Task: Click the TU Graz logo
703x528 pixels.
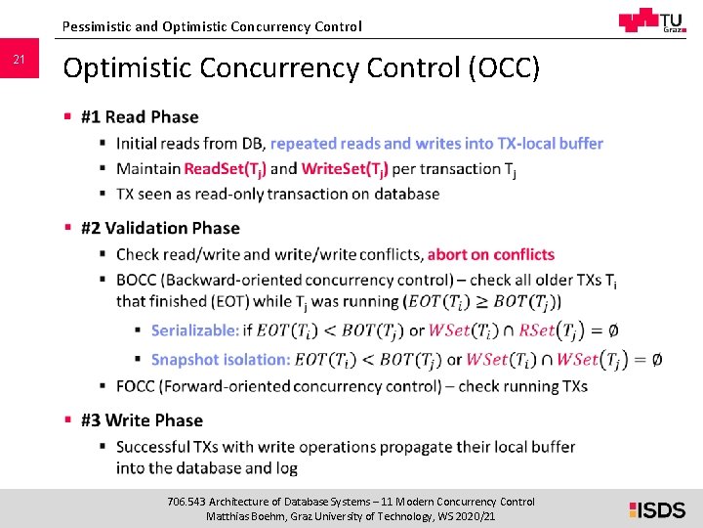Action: click(x=651, y=21)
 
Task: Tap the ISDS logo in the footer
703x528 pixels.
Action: click(x=657, y=508)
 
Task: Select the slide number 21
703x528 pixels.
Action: click(x=19, y=61)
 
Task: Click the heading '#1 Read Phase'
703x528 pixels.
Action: click(x=140, y=117)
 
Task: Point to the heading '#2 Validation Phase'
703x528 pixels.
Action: click(x=160, y=228)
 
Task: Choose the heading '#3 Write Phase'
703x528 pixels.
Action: click(x=142, y=420)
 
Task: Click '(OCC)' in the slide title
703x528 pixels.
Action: click(x=504, y=68)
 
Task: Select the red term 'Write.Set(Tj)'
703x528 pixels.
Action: click(x=345, y=168)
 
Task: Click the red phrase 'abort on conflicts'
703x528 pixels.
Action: click(x=491, y=254)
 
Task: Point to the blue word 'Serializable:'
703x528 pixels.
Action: click(x=195, y=330)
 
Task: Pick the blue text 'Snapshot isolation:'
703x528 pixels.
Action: click(x=221, y=359)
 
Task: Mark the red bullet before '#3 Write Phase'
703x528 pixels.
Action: click(x=68, y=420)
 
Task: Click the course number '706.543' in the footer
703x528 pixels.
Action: click(x=186, y=502)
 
